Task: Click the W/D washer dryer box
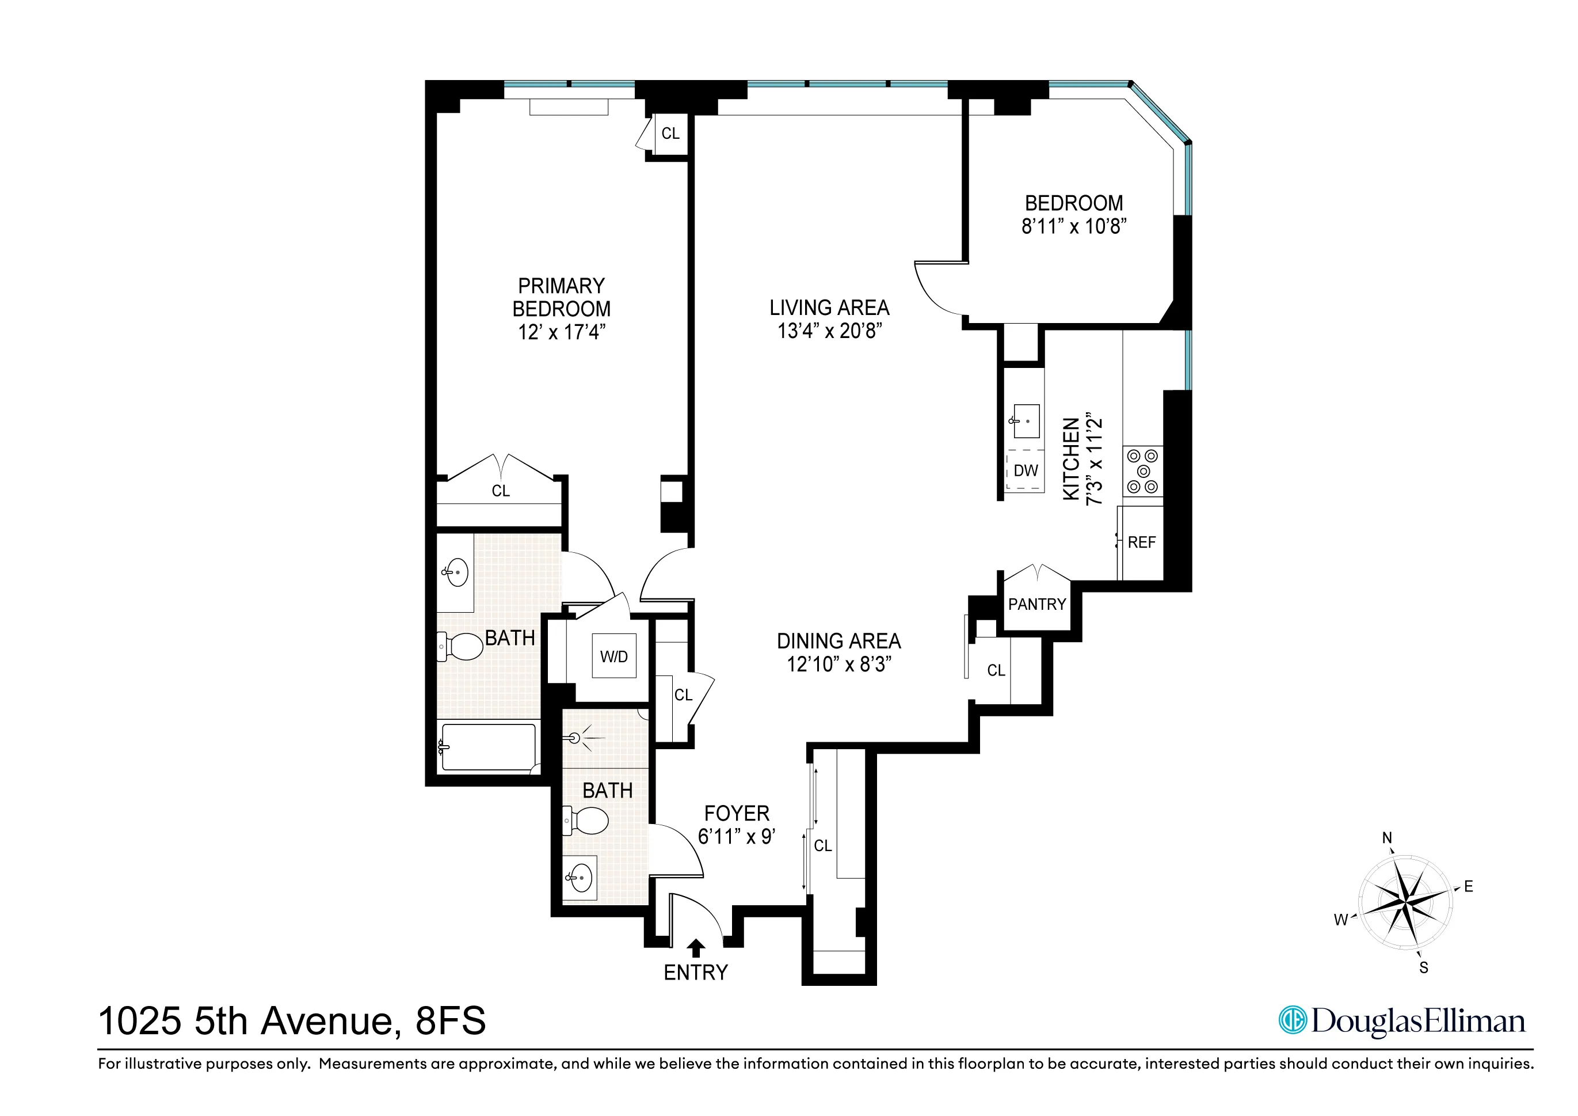(613, 656)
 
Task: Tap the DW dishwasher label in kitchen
(1026, 471)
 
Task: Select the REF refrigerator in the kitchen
(1141, 542)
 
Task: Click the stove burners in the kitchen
(1143, 471)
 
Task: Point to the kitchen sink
(1026, 422)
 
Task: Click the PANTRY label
(1036, 605)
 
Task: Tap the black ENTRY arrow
(696, 948)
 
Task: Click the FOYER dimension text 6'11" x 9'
(736, 837)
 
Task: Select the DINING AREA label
(838, 641)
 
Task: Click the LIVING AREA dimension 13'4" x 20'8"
(829, 331)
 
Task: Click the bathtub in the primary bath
(488, 747)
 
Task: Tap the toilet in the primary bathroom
(462, 646)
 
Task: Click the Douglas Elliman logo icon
(1292, 1020)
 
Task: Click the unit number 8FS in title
(450, 1021)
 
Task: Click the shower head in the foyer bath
(576, 738)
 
